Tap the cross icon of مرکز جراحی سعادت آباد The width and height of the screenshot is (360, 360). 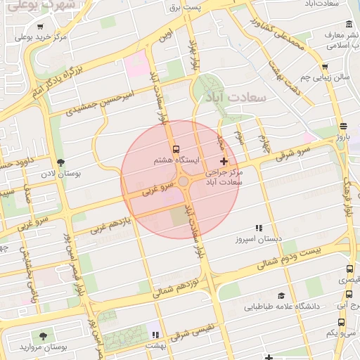click(x=224, y=162)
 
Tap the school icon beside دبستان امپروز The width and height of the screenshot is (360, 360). click(x=259, y=228)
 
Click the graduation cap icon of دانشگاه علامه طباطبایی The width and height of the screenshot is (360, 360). click(x=282, y=296)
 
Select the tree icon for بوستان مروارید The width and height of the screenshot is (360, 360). click(x=43, y=337)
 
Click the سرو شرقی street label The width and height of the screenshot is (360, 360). click(x=292, y=151)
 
